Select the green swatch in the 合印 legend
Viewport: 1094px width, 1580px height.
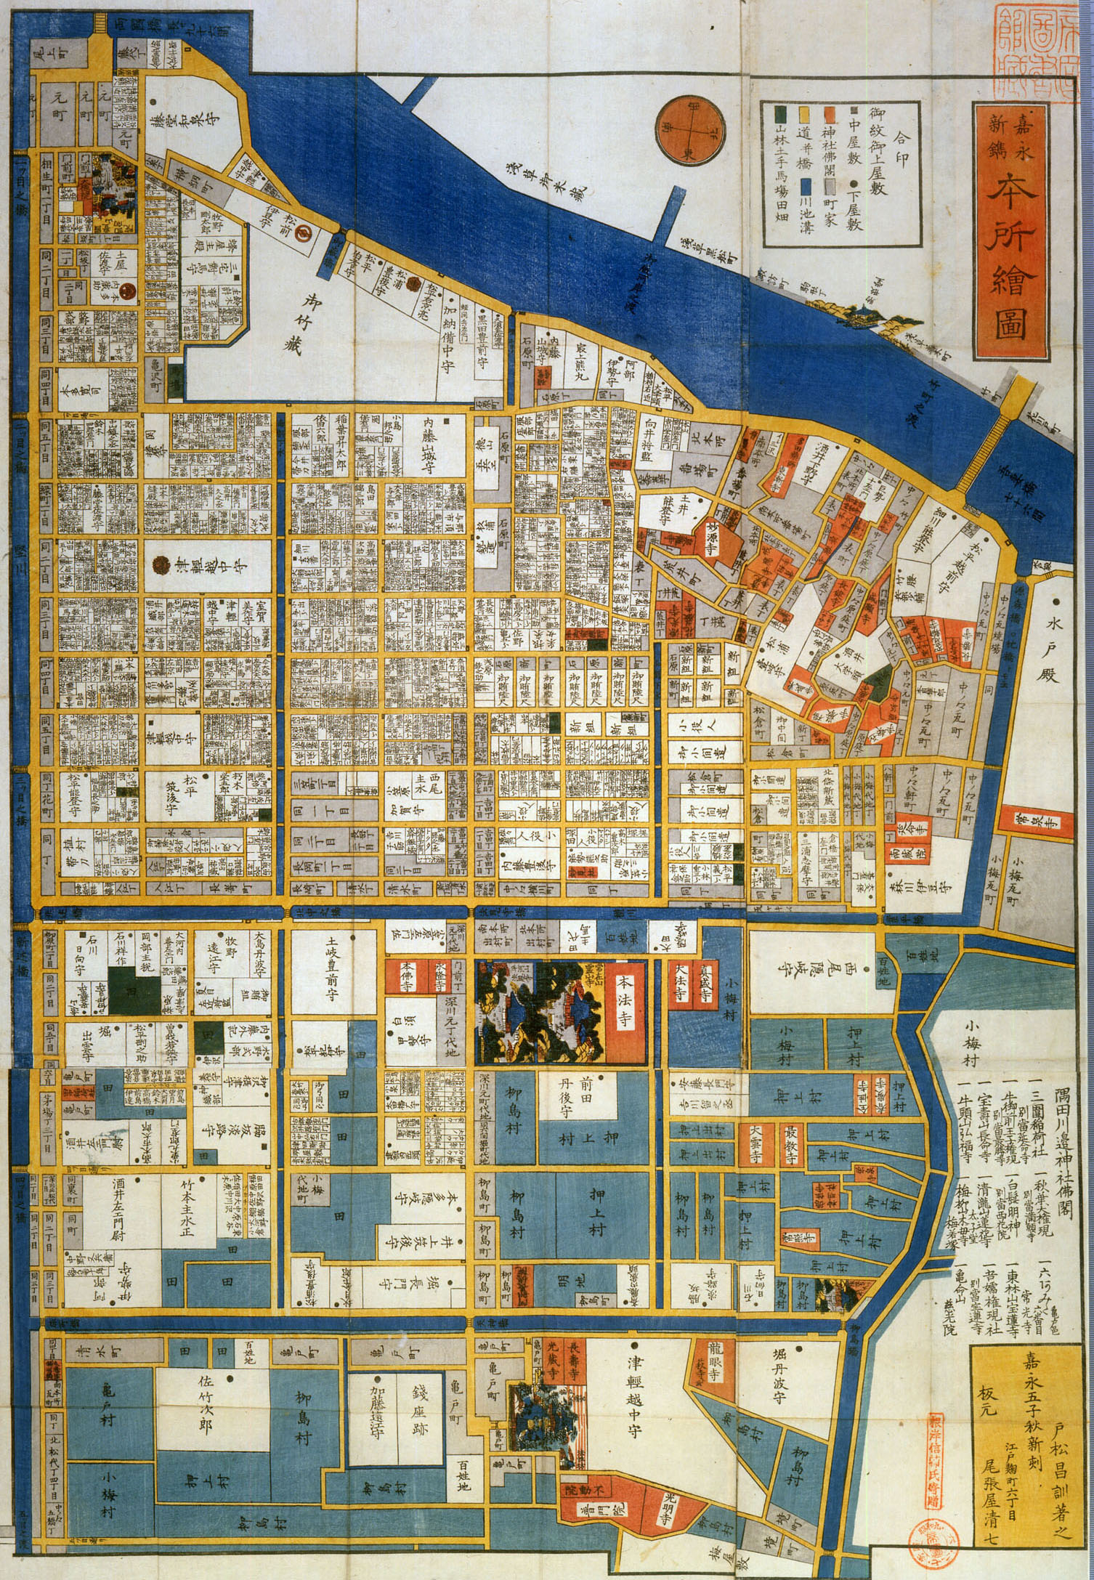tap(779, 115)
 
